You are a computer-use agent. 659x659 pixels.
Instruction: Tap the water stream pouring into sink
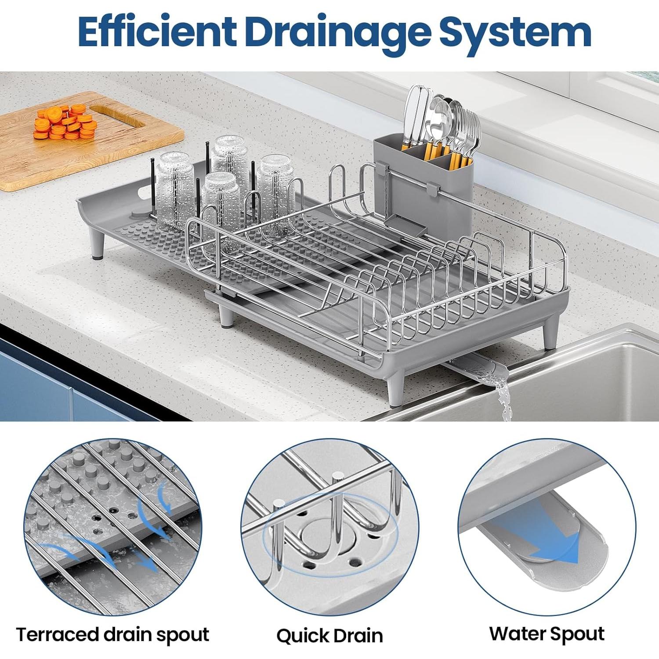click(x=503, y=400)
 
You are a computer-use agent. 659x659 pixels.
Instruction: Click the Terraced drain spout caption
click(x=112, y=634)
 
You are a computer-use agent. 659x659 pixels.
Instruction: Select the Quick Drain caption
click(x=329, y=635)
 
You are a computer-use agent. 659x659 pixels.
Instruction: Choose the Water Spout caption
click(x=547, y=634)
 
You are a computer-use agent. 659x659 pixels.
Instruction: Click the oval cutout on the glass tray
click(x=143, y=194)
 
